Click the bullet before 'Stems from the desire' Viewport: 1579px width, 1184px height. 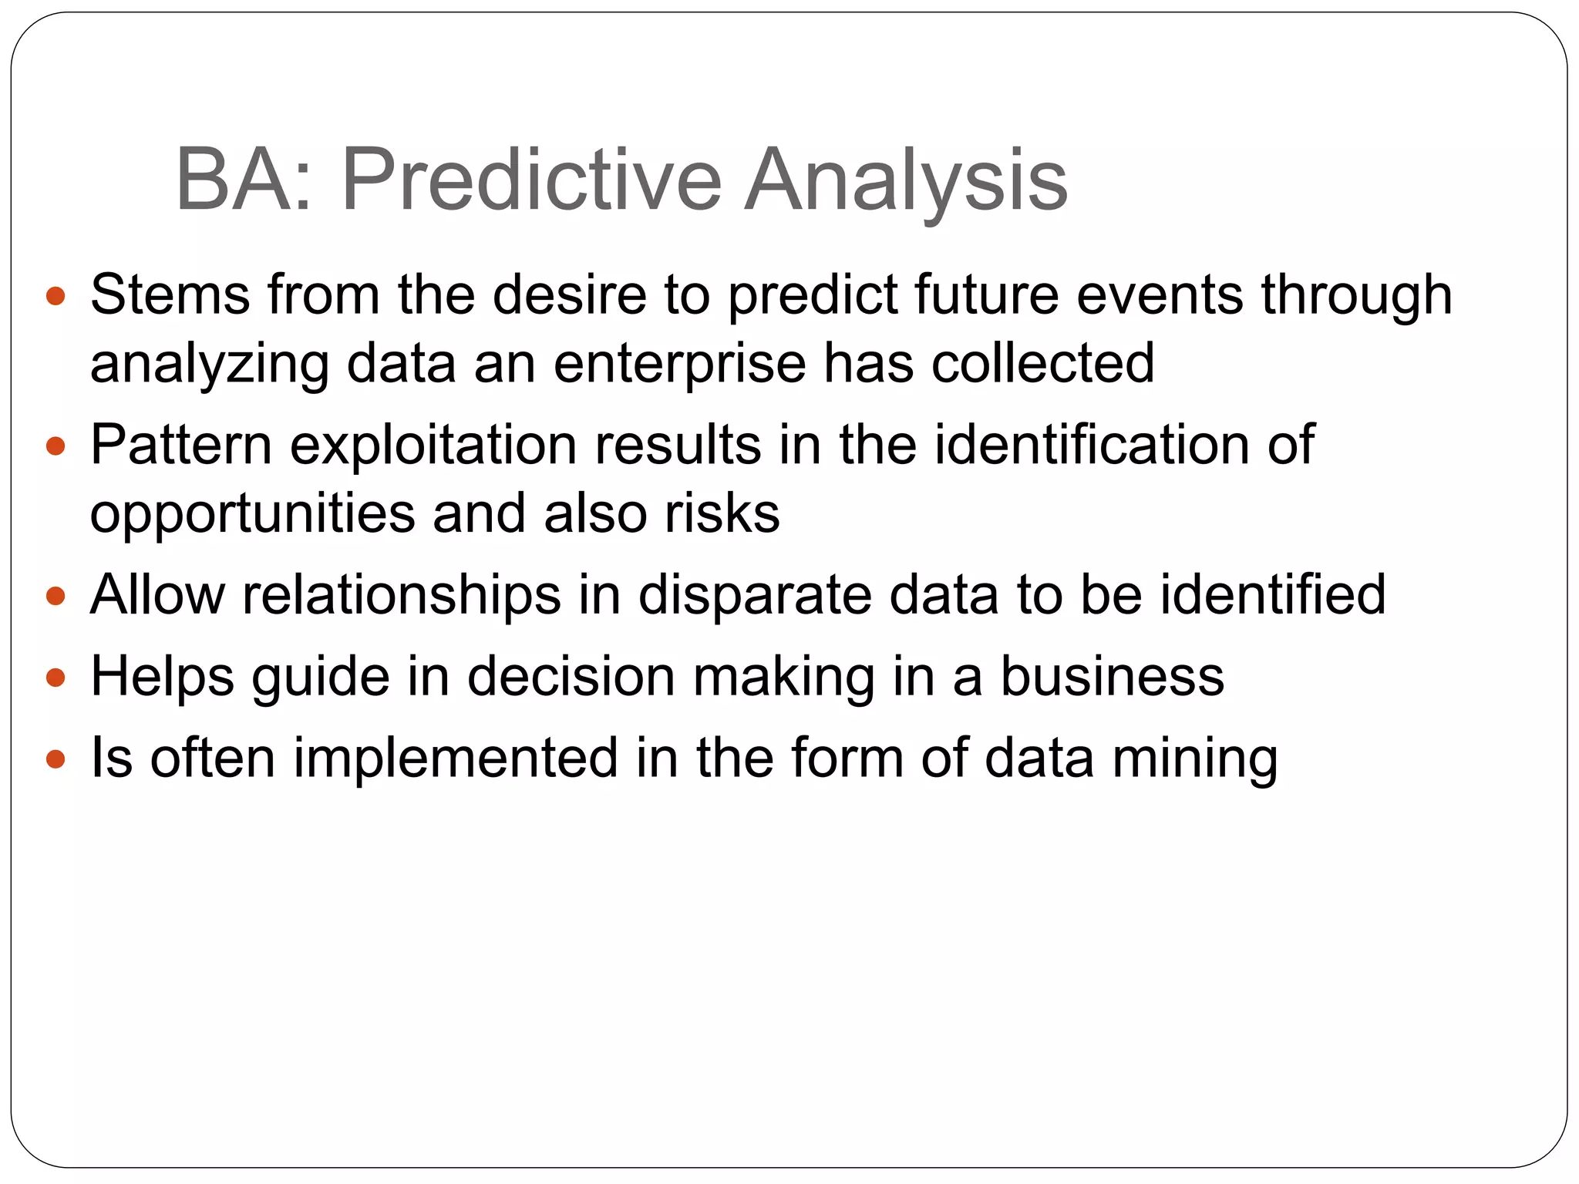56,296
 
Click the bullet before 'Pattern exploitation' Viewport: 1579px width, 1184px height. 56,446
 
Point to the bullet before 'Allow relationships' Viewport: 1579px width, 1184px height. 56,597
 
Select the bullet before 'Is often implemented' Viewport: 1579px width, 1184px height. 56,760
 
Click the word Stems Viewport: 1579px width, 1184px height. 170,294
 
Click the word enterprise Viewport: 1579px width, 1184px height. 678,364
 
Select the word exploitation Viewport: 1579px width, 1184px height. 433,446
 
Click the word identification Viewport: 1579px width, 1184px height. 1092,445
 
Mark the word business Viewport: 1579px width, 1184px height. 1112,677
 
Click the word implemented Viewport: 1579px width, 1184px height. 456,758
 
